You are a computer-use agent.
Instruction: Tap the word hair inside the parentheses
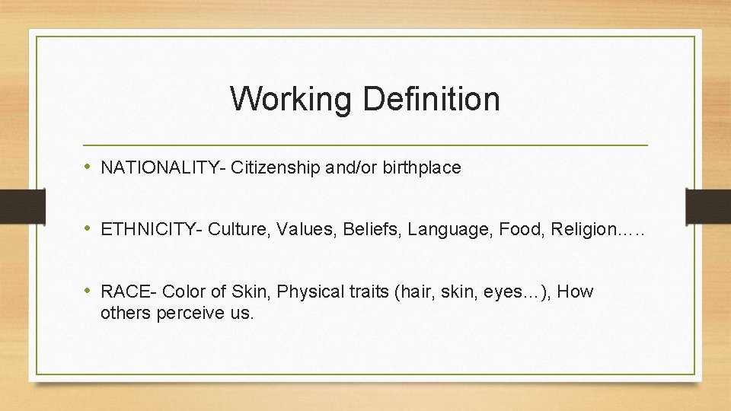click(411, 292)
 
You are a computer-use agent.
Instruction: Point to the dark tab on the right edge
click(707, 205)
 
